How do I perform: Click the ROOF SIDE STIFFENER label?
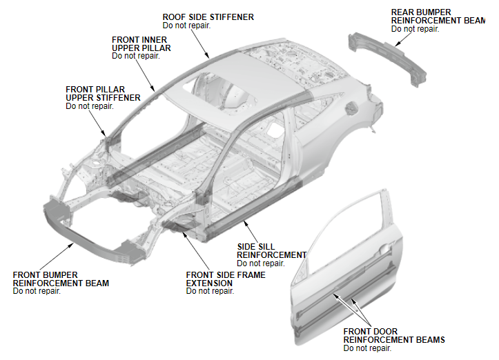pos(208,17)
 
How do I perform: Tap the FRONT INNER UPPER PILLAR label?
pos(141,44)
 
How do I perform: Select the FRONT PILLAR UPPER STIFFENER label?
pos(103,94)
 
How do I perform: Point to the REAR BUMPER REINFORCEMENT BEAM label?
pos(438,17)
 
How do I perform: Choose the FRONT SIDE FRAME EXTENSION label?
pos(225,279)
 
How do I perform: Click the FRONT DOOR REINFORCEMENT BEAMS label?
pos(393,336)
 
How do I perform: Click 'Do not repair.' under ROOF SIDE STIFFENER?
pos(186,26)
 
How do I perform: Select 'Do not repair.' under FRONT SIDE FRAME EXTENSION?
pos(210,291)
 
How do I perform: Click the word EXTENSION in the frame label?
pos(209,283)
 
